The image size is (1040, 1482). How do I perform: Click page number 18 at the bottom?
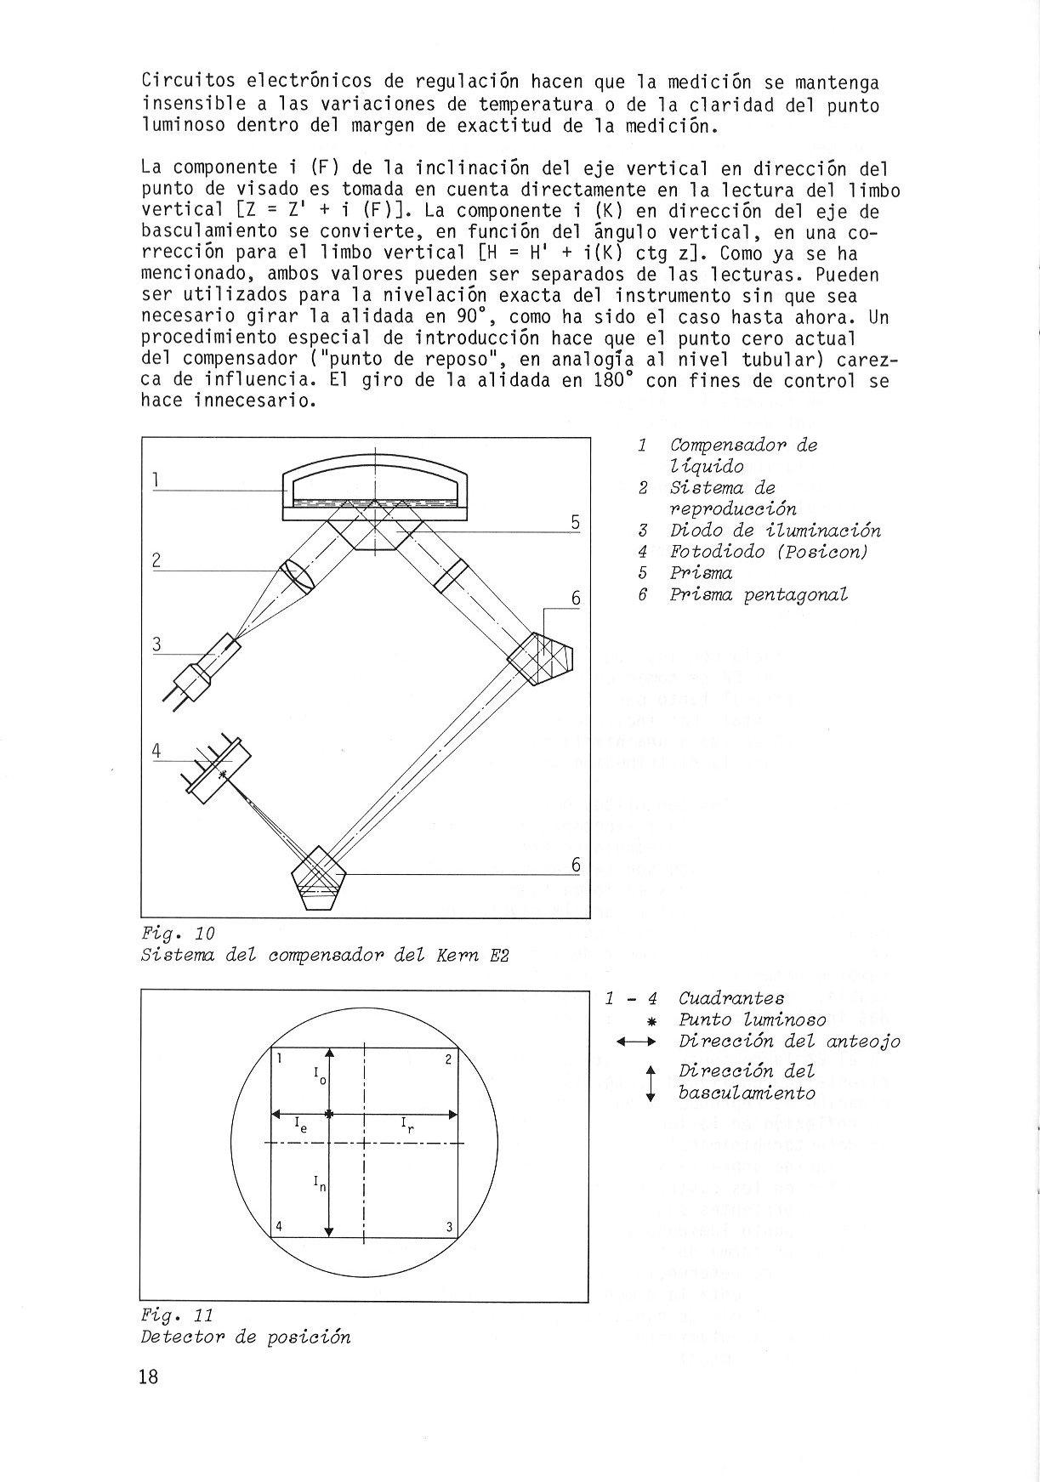(x=149, y=1377)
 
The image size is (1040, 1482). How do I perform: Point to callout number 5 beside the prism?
(x=575, y=522)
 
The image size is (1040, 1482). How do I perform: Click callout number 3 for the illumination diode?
(x=156, y=644)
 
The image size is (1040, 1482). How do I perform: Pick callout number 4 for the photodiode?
(x=156, y=751)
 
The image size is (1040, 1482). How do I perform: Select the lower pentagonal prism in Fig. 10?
(x=317, y=876)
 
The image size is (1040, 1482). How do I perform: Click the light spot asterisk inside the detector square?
(x=330, y=1113)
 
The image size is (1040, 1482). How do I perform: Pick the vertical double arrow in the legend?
(x=651, y=1082)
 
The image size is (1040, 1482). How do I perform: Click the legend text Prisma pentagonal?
(x=759, y=594)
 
